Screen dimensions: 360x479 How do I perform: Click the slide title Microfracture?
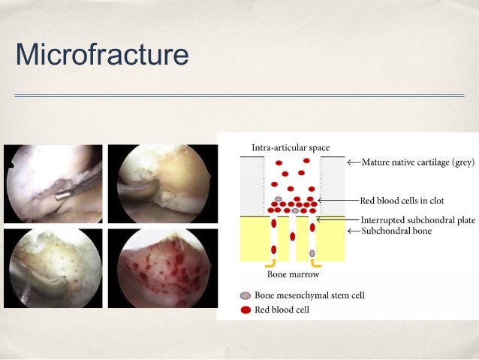[101, 55]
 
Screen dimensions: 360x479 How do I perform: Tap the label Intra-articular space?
[291, 147]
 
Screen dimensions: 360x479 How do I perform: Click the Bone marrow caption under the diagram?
[290, 274]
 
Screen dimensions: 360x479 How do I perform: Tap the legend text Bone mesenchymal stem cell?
[309, 295]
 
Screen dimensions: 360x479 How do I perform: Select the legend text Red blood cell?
[282, 309]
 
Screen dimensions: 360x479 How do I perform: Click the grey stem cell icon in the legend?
[246, 295]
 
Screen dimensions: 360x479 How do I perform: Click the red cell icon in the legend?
[246, 309]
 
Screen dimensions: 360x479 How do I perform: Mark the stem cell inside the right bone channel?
[312, 253]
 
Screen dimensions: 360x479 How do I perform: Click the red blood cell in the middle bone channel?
[293, 236]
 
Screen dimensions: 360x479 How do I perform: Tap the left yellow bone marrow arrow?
[270, 265]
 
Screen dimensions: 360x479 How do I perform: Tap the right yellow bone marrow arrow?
[317, 265]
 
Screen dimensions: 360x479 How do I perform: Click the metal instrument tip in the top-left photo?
[63, 193]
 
